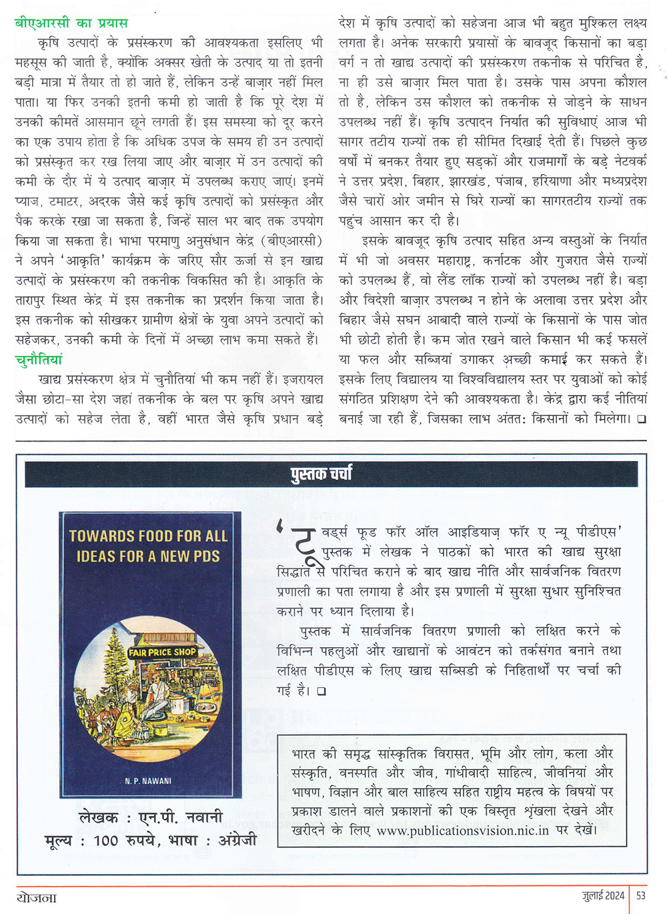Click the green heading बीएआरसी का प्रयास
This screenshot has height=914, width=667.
[x=71, y=23]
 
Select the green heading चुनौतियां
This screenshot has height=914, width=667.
[x=38, y=360]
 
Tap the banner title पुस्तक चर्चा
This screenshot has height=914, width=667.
[x=321, y=474]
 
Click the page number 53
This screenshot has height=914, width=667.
[x=641, y=895]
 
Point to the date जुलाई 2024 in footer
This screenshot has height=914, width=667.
[x=602, y=895]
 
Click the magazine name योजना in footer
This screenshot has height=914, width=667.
[x=37, y=897]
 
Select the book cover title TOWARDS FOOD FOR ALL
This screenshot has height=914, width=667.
[x=148, y=536]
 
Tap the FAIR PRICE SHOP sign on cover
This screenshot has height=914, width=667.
[x=162, y=652]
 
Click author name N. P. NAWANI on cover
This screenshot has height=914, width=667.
[x=148, y=781]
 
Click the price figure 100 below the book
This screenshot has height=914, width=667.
[x=105, y=841]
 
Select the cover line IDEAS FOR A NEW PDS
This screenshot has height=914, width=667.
[x=148, y=556]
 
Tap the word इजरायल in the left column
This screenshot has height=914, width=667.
[x=303, y=380]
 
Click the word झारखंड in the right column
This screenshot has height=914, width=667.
[x=467, y=181]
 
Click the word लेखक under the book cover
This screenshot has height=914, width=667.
[x=98, y=817]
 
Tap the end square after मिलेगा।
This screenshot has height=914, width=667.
[x=641, y=420]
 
